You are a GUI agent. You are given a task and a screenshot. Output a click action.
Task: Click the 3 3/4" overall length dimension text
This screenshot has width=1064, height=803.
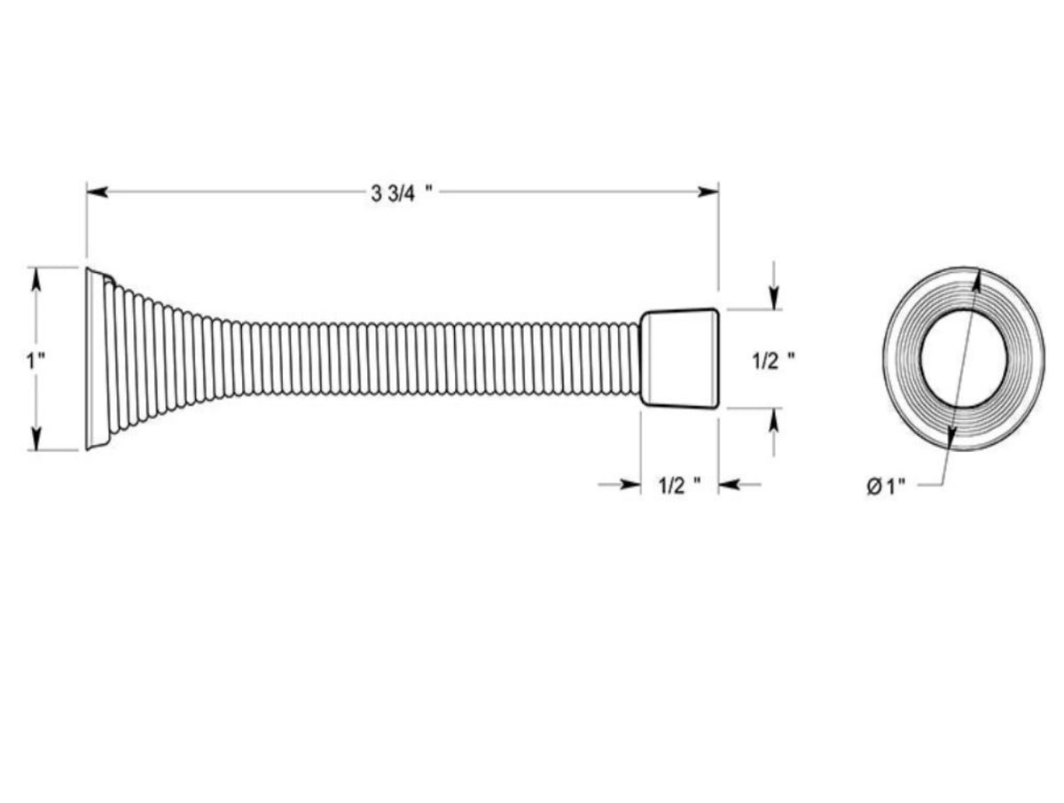coord(402,194)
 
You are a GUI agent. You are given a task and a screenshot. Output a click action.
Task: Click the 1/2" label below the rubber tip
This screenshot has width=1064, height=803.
coord(679,486)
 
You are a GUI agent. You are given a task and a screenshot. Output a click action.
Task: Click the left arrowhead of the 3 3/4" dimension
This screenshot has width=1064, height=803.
coord(97,192)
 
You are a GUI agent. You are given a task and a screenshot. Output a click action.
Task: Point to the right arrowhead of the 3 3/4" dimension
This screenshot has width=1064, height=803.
coord(708,192)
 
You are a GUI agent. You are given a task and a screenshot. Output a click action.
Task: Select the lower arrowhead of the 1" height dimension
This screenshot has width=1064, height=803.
coord(35,438)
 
